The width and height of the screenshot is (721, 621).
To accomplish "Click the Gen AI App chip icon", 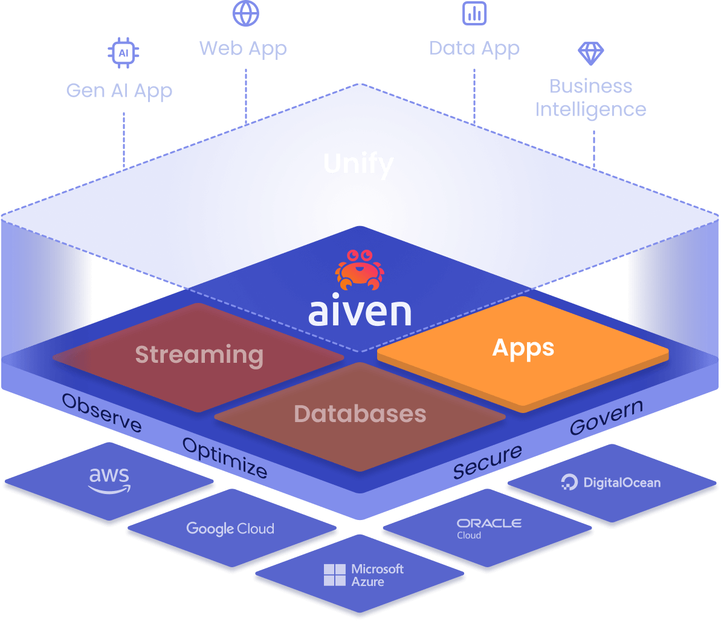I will pos(123,53).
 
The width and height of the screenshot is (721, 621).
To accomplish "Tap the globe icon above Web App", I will pos(245,13).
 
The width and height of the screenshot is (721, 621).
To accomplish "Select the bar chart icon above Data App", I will pos(474,13).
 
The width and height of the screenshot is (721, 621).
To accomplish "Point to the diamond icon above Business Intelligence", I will pos(590,53).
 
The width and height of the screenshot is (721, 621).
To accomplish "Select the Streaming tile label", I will pos(199,354).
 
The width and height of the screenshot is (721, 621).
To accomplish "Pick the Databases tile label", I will pos(360,414).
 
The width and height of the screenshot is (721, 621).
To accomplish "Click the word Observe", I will pos(102,413).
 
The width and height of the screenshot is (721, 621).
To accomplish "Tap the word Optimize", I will pos(224,458).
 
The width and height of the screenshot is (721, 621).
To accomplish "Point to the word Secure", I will pos(488,461).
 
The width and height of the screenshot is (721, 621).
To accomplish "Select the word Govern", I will pos(606,417).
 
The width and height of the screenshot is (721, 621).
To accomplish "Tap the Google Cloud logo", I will pos(230,528).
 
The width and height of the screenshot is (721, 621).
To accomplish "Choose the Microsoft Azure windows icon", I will pos(334,575).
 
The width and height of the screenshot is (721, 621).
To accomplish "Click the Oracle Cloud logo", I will pos(489,527).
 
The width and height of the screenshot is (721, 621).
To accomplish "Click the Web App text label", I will pos(243,48).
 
